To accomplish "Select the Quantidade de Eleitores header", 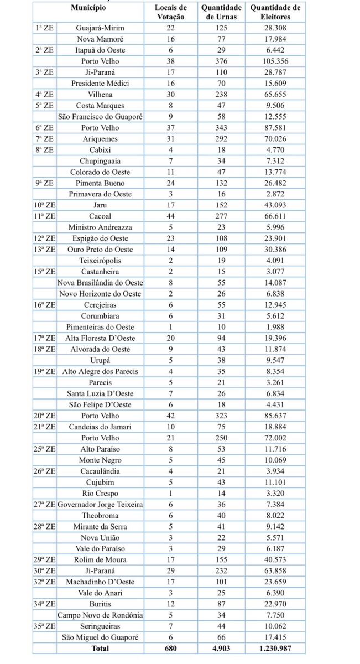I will pyautogui.click(x=275, y=12).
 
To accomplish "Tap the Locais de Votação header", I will pyautogui.click(x=171, y=12).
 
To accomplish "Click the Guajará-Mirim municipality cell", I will pyautogui.click(x=100, y=28).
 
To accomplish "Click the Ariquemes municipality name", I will pyautogui.click(x=100, y=139).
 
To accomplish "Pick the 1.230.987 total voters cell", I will pyautogui.click(x=275, y=648).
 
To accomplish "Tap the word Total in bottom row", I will pyautogui.click(x=100, y=648).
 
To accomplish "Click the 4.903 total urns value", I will pyautogui.click(x=221, y=648).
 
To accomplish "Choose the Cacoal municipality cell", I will pyautogui.click(x=100, y=216).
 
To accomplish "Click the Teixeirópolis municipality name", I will pyautogui.click(x=100, y=261).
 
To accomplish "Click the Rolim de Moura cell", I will pyautogui.click(x=100, y=559).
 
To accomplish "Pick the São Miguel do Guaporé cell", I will pyautogui.click(x=100, y=637).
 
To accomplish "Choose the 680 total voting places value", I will pyautogui.click(x=171, y=648).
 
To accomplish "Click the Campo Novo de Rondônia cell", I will pyautogui.click(x=100, y=615).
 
